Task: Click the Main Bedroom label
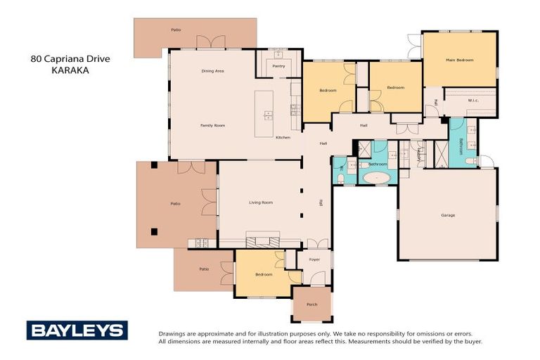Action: [459, 60]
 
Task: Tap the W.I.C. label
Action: [473, 100]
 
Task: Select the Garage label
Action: [448, 214]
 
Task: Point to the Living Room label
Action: [260, 202]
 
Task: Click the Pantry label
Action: [277, 65]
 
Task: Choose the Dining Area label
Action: [212, 71]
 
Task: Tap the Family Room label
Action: [212, 125]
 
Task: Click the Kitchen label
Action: [283, 137]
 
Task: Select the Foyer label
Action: [314, 259]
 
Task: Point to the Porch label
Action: [311, 304]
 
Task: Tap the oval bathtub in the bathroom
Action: [378, 177]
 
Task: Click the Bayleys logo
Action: [77, 330]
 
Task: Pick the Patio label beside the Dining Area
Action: [176, 30]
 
